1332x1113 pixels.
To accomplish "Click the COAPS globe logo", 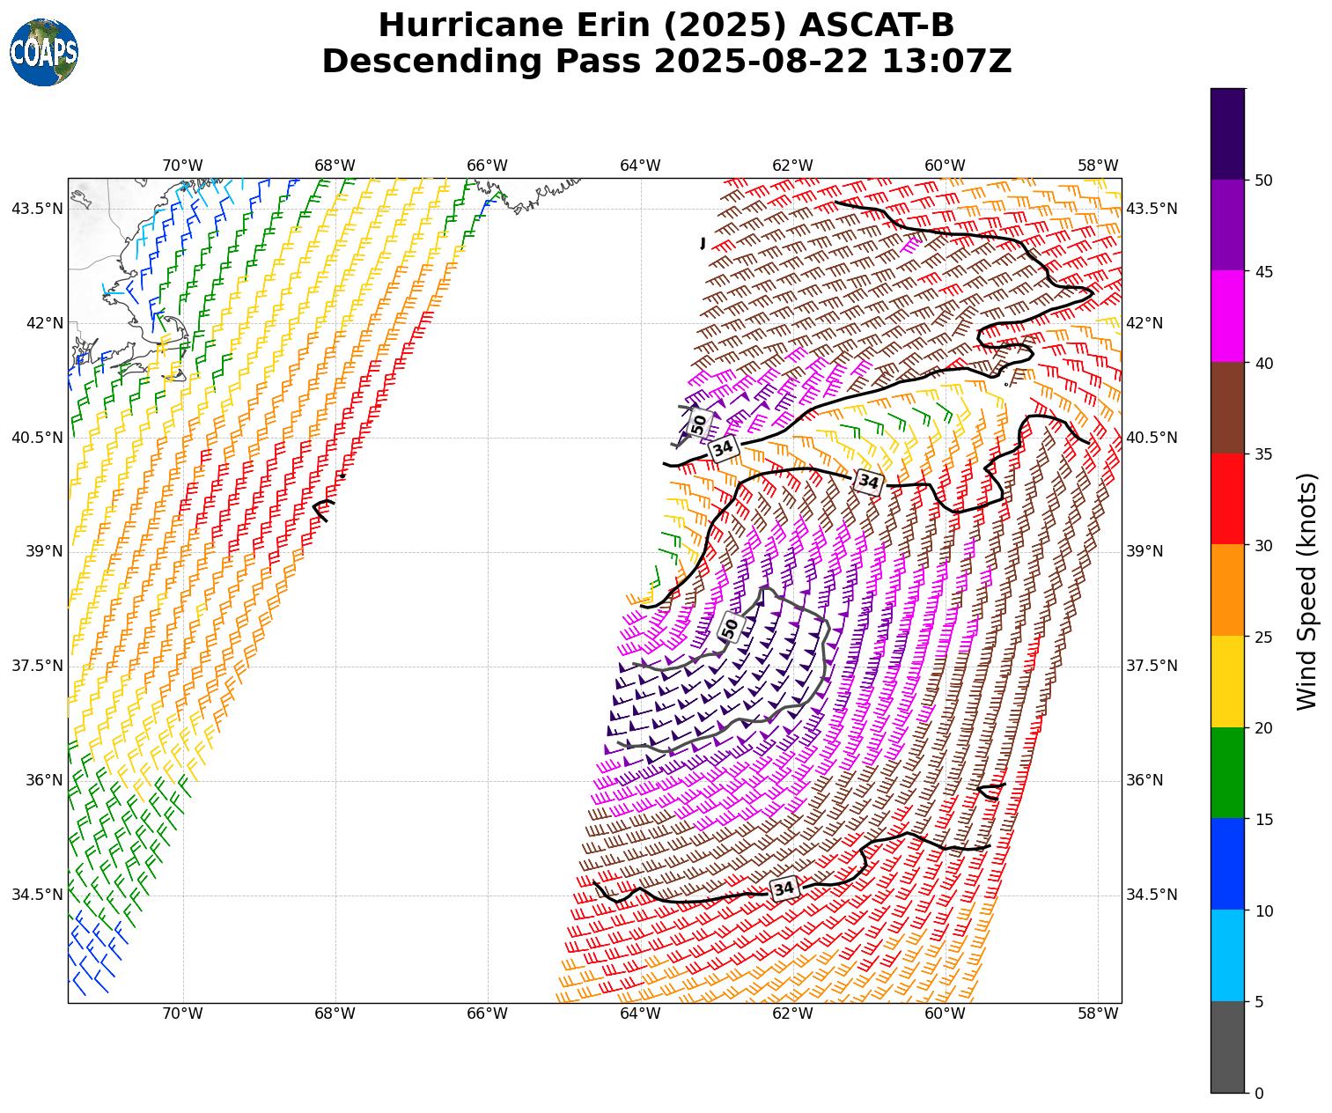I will point(44,52).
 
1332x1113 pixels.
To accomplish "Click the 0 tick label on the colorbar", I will point(1259,1094).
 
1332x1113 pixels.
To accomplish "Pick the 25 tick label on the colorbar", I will point(1263,637).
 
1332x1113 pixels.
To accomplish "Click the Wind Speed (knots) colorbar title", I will point(1308,591).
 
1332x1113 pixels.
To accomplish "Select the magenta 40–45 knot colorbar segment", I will point(1227,316).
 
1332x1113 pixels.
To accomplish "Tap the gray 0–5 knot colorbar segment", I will point(1227,1047).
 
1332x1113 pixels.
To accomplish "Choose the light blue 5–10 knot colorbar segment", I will point(1227,955).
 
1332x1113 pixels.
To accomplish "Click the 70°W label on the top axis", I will point(182,166).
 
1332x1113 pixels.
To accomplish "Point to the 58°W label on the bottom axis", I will point(1098,1013).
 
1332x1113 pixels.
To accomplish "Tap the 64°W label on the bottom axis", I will point(640,1013).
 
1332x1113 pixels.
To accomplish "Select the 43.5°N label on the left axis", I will point(37,209).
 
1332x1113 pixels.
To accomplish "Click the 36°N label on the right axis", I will point(1144,780).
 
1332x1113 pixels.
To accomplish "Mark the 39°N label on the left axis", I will point(44,551).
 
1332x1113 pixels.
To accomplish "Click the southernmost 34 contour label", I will point(784,888).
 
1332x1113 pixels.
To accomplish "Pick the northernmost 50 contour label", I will point(699,424).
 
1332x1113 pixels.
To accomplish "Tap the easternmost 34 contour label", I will point(868,482).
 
